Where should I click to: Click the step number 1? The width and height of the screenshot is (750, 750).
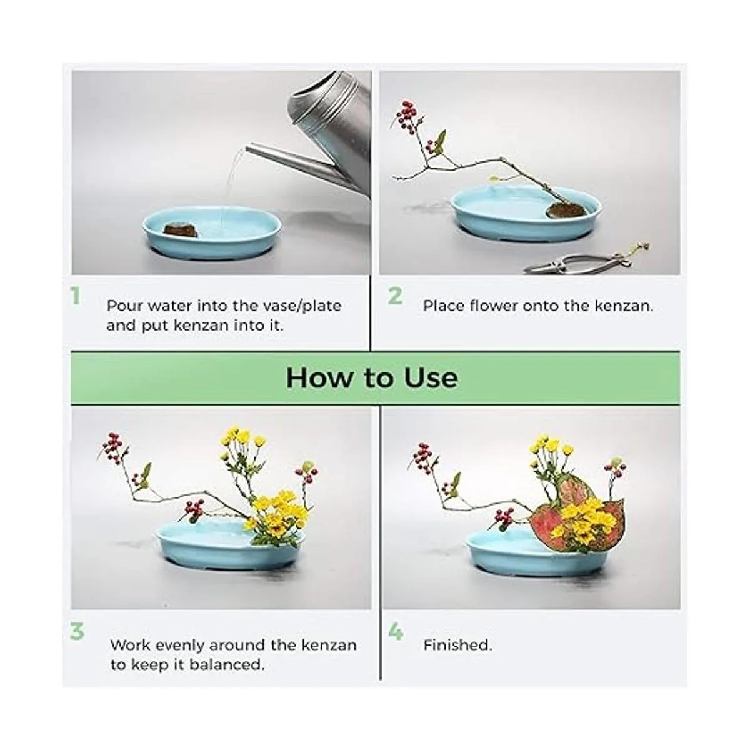tap(76, 296)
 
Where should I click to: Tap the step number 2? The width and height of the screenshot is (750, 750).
tap(395, 296)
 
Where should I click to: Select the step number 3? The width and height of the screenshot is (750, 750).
tap(77, 631)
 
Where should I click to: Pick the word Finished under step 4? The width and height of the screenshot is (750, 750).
tap(457, 645)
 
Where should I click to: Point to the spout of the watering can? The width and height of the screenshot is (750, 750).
tap(262, 154)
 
